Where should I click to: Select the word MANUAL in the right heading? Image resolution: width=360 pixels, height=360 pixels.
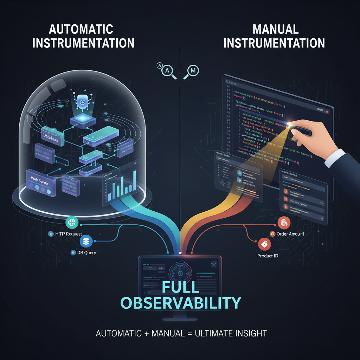(274, 29)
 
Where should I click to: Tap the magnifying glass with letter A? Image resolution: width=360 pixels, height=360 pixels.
(167, 70)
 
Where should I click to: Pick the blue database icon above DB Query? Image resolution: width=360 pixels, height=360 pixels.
(85, 241)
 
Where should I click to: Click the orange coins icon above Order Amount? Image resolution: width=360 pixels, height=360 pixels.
(283, 223)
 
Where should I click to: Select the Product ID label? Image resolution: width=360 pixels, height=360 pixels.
(268, 256)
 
